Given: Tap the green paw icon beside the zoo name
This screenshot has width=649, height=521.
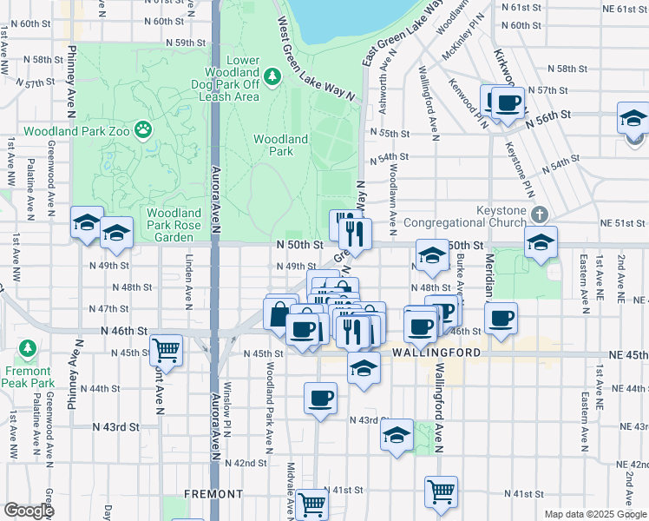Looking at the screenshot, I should pyautogui.click(x=143, y=131).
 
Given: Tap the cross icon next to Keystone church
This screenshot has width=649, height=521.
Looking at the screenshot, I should pyautogui.click(x=540, y=213).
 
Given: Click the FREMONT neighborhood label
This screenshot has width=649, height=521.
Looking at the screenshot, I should pyautogui.click(x=213, y=494).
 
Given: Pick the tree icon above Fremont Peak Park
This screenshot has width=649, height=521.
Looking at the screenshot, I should pyautogui.click(x=28, y=349).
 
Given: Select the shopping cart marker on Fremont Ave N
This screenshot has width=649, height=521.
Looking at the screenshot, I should pyautogui.click(x=165, y=351).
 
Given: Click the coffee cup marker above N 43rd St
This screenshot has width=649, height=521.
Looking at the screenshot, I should pyautogui.click(x=320, y=399).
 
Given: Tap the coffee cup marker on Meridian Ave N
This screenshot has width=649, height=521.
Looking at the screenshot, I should pyautogui.click(x=501, y=319).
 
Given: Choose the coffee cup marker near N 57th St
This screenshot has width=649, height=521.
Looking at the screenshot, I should pyautogui.click(x=508, y=102).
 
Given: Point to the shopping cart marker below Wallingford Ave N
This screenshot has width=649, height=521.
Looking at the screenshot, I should pyautogui.click(x=442, y=491).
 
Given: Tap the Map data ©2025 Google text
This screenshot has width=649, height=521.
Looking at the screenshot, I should pyautogui.click(x=595, y=514).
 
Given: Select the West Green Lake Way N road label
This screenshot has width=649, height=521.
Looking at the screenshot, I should pyautogui.click(x=318, y=55).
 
